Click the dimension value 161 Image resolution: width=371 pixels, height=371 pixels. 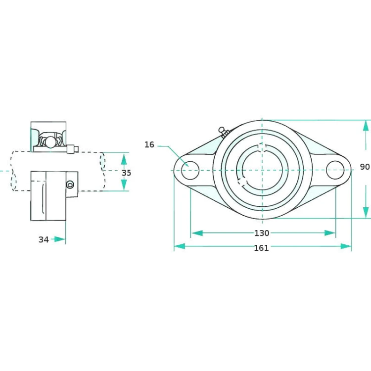pos(261,248)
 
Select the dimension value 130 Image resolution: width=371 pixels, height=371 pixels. pos(262,233)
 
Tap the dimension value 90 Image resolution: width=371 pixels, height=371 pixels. pos(365,167)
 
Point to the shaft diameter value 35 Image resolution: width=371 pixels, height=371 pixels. pos(127,173)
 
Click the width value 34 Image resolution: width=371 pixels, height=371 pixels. pos(44,239)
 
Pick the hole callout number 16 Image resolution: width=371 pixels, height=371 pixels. pos(149,144)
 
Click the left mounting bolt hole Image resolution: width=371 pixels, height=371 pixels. pos(189,170)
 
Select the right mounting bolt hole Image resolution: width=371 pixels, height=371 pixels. pos(335,170)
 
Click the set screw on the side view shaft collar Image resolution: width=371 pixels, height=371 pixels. pos(70,185)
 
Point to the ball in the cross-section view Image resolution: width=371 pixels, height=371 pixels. pos(50,142)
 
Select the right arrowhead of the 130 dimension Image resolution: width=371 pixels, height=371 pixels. pos(330,233)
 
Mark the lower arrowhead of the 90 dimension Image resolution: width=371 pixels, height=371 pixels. pos(366,213)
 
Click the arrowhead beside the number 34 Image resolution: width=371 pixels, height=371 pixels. pos(60,239)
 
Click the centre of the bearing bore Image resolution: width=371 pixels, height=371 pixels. pos(262,170)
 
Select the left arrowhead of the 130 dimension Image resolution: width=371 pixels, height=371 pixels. pos(196,233)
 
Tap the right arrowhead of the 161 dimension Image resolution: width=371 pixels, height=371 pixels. pos(346,246)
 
